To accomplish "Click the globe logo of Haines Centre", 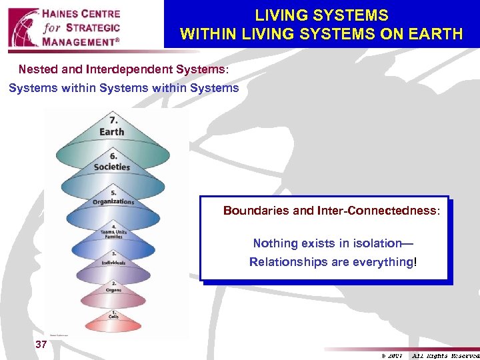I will (x=23, y=26).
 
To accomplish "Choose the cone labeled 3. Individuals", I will (x=113, y=261).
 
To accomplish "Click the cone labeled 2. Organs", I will (x=113, y=289).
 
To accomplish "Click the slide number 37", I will (x=41, y=344).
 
